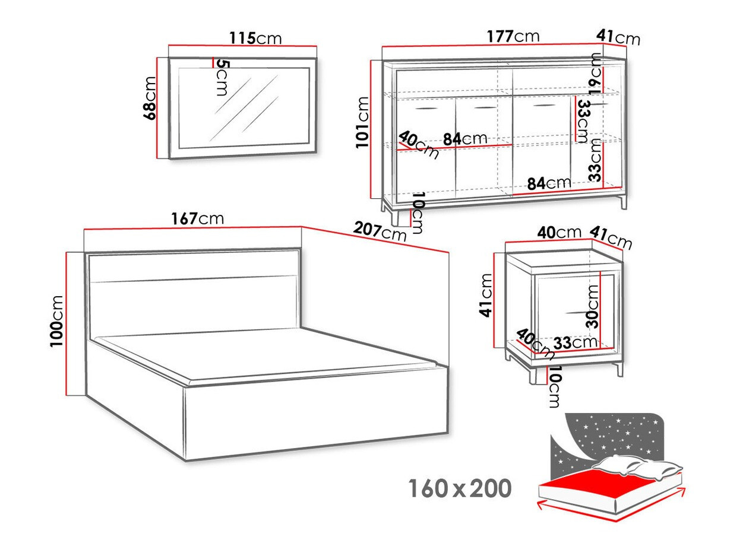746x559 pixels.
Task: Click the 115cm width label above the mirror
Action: (x=255, y=39)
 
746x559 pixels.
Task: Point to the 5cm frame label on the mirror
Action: (x=221, y=77)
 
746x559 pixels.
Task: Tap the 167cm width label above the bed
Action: (x=197, y=218)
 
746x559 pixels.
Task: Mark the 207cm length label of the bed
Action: (x=380, y=231)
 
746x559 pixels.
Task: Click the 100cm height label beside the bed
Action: (x=58, y=320)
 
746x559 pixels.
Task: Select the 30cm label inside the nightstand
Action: (x=593, y=306)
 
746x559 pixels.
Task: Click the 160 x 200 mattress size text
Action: (x=459, y=489)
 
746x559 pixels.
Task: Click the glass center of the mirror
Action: (x=244, y=107)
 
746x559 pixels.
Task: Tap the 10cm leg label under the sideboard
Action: (x=418, y=212)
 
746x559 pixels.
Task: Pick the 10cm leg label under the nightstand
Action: (x=554, y=387)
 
